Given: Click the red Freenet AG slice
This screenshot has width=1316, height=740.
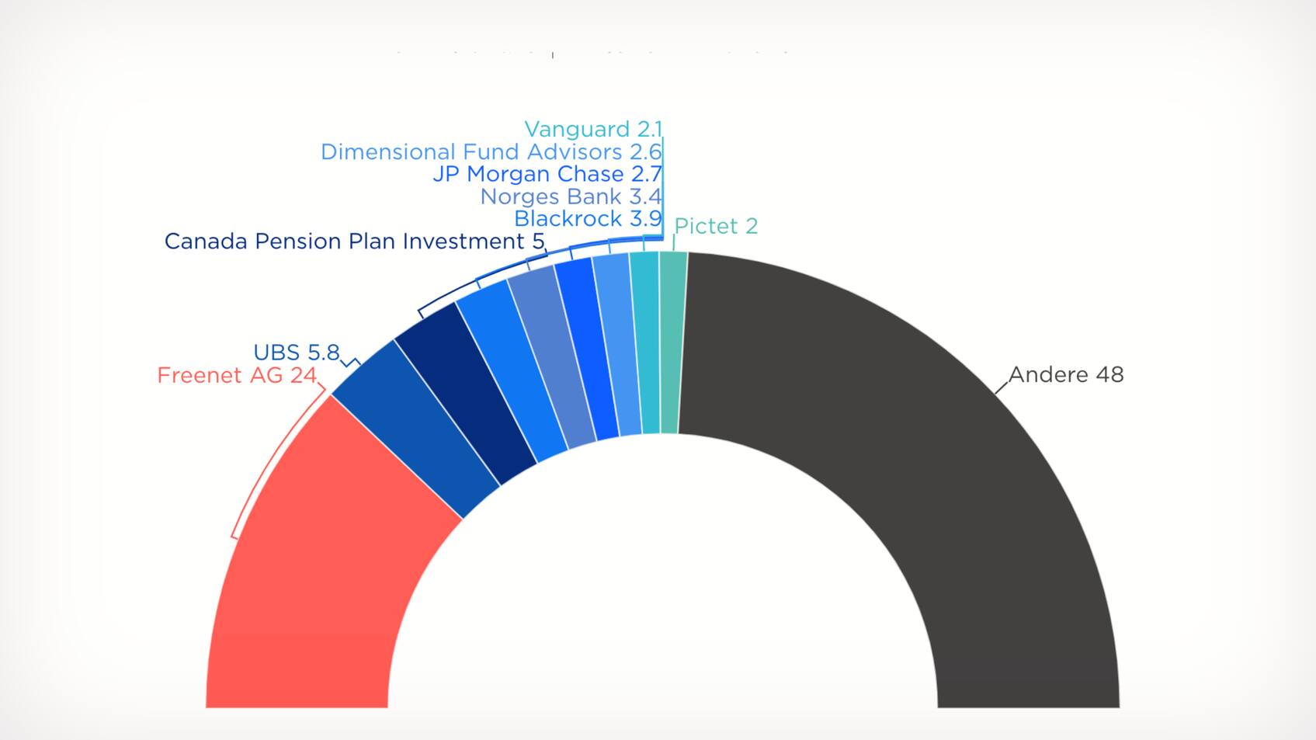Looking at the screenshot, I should [326, 544].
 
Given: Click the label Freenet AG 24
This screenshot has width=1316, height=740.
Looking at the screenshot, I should [237, 376].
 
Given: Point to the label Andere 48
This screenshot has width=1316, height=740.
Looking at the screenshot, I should [1066, 375].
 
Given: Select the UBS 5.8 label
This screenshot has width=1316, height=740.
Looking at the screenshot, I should [297, 353].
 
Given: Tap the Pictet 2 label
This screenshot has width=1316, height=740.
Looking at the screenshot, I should [716, 226].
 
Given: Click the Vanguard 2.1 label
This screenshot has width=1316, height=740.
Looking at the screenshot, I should [593, 129].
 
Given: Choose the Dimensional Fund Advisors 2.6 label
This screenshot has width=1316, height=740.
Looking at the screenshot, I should [491, 151].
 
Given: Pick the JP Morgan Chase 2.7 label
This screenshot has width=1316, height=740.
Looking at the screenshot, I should [547, 174].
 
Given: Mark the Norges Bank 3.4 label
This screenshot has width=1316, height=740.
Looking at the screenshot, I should [571, 196].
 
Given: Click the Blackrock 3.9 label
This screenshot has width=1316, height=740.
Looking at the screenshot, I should [588, 219].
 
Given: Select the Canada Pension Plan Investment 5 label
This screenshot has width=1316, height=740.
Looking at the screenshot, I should [354, 241].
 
